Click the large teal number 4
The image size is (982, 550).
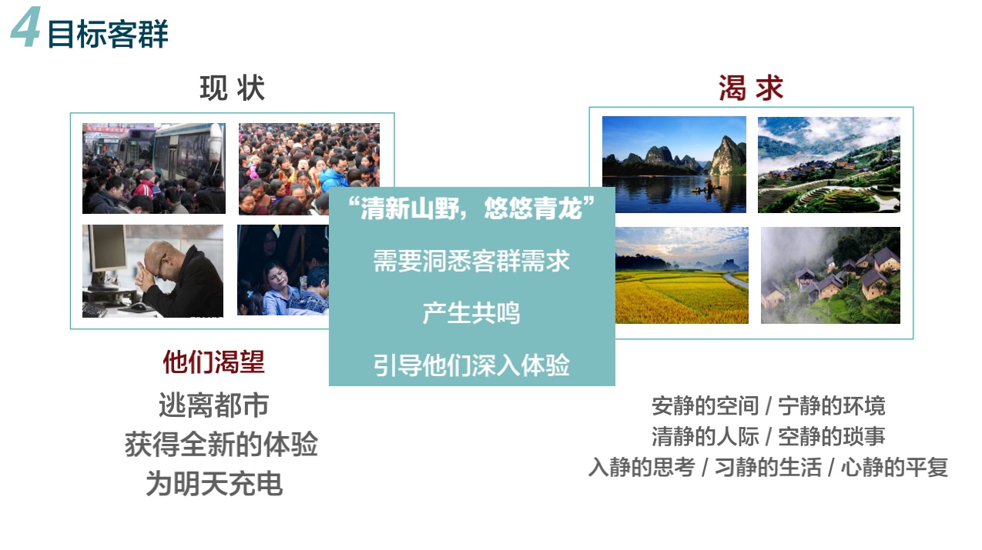click(x=26, y=26)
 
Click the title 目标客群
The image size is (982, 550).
click(x=108, y=34)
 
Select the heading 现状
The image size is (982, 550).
click(x=233, y=88)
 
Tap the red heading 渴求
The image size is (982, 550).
click(x=750, y=88)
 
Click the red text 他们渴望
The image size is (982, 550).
click(x=214, y=362)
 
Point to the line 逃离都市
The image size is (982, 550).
click(x=214, y=405)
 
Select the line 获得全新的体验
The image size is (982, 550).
click(x=221, y=444)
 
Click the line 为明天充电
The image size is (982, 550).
click(x=214, y=483)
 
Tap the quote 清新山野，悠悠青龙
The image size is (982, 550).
click(x=471, y=208)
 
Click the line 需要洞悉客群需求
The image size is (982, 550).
click(x=471, y=261)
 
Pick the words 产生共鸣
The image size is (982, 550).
click(x=471, y=313)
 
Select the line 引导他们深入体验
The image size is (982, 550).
click(x=471, y=365)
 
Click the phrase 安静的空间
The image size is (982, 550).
click(x=705, y=405)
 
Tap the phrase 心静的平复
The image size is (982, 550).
click(x=894, y=467)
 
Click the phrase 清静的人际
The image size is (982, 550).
click(x=705, y=436)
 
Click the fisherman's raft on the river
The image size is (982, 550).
click(x=706, y=188)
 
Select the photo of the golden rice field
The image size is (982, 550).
click(x=682, y=275)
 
